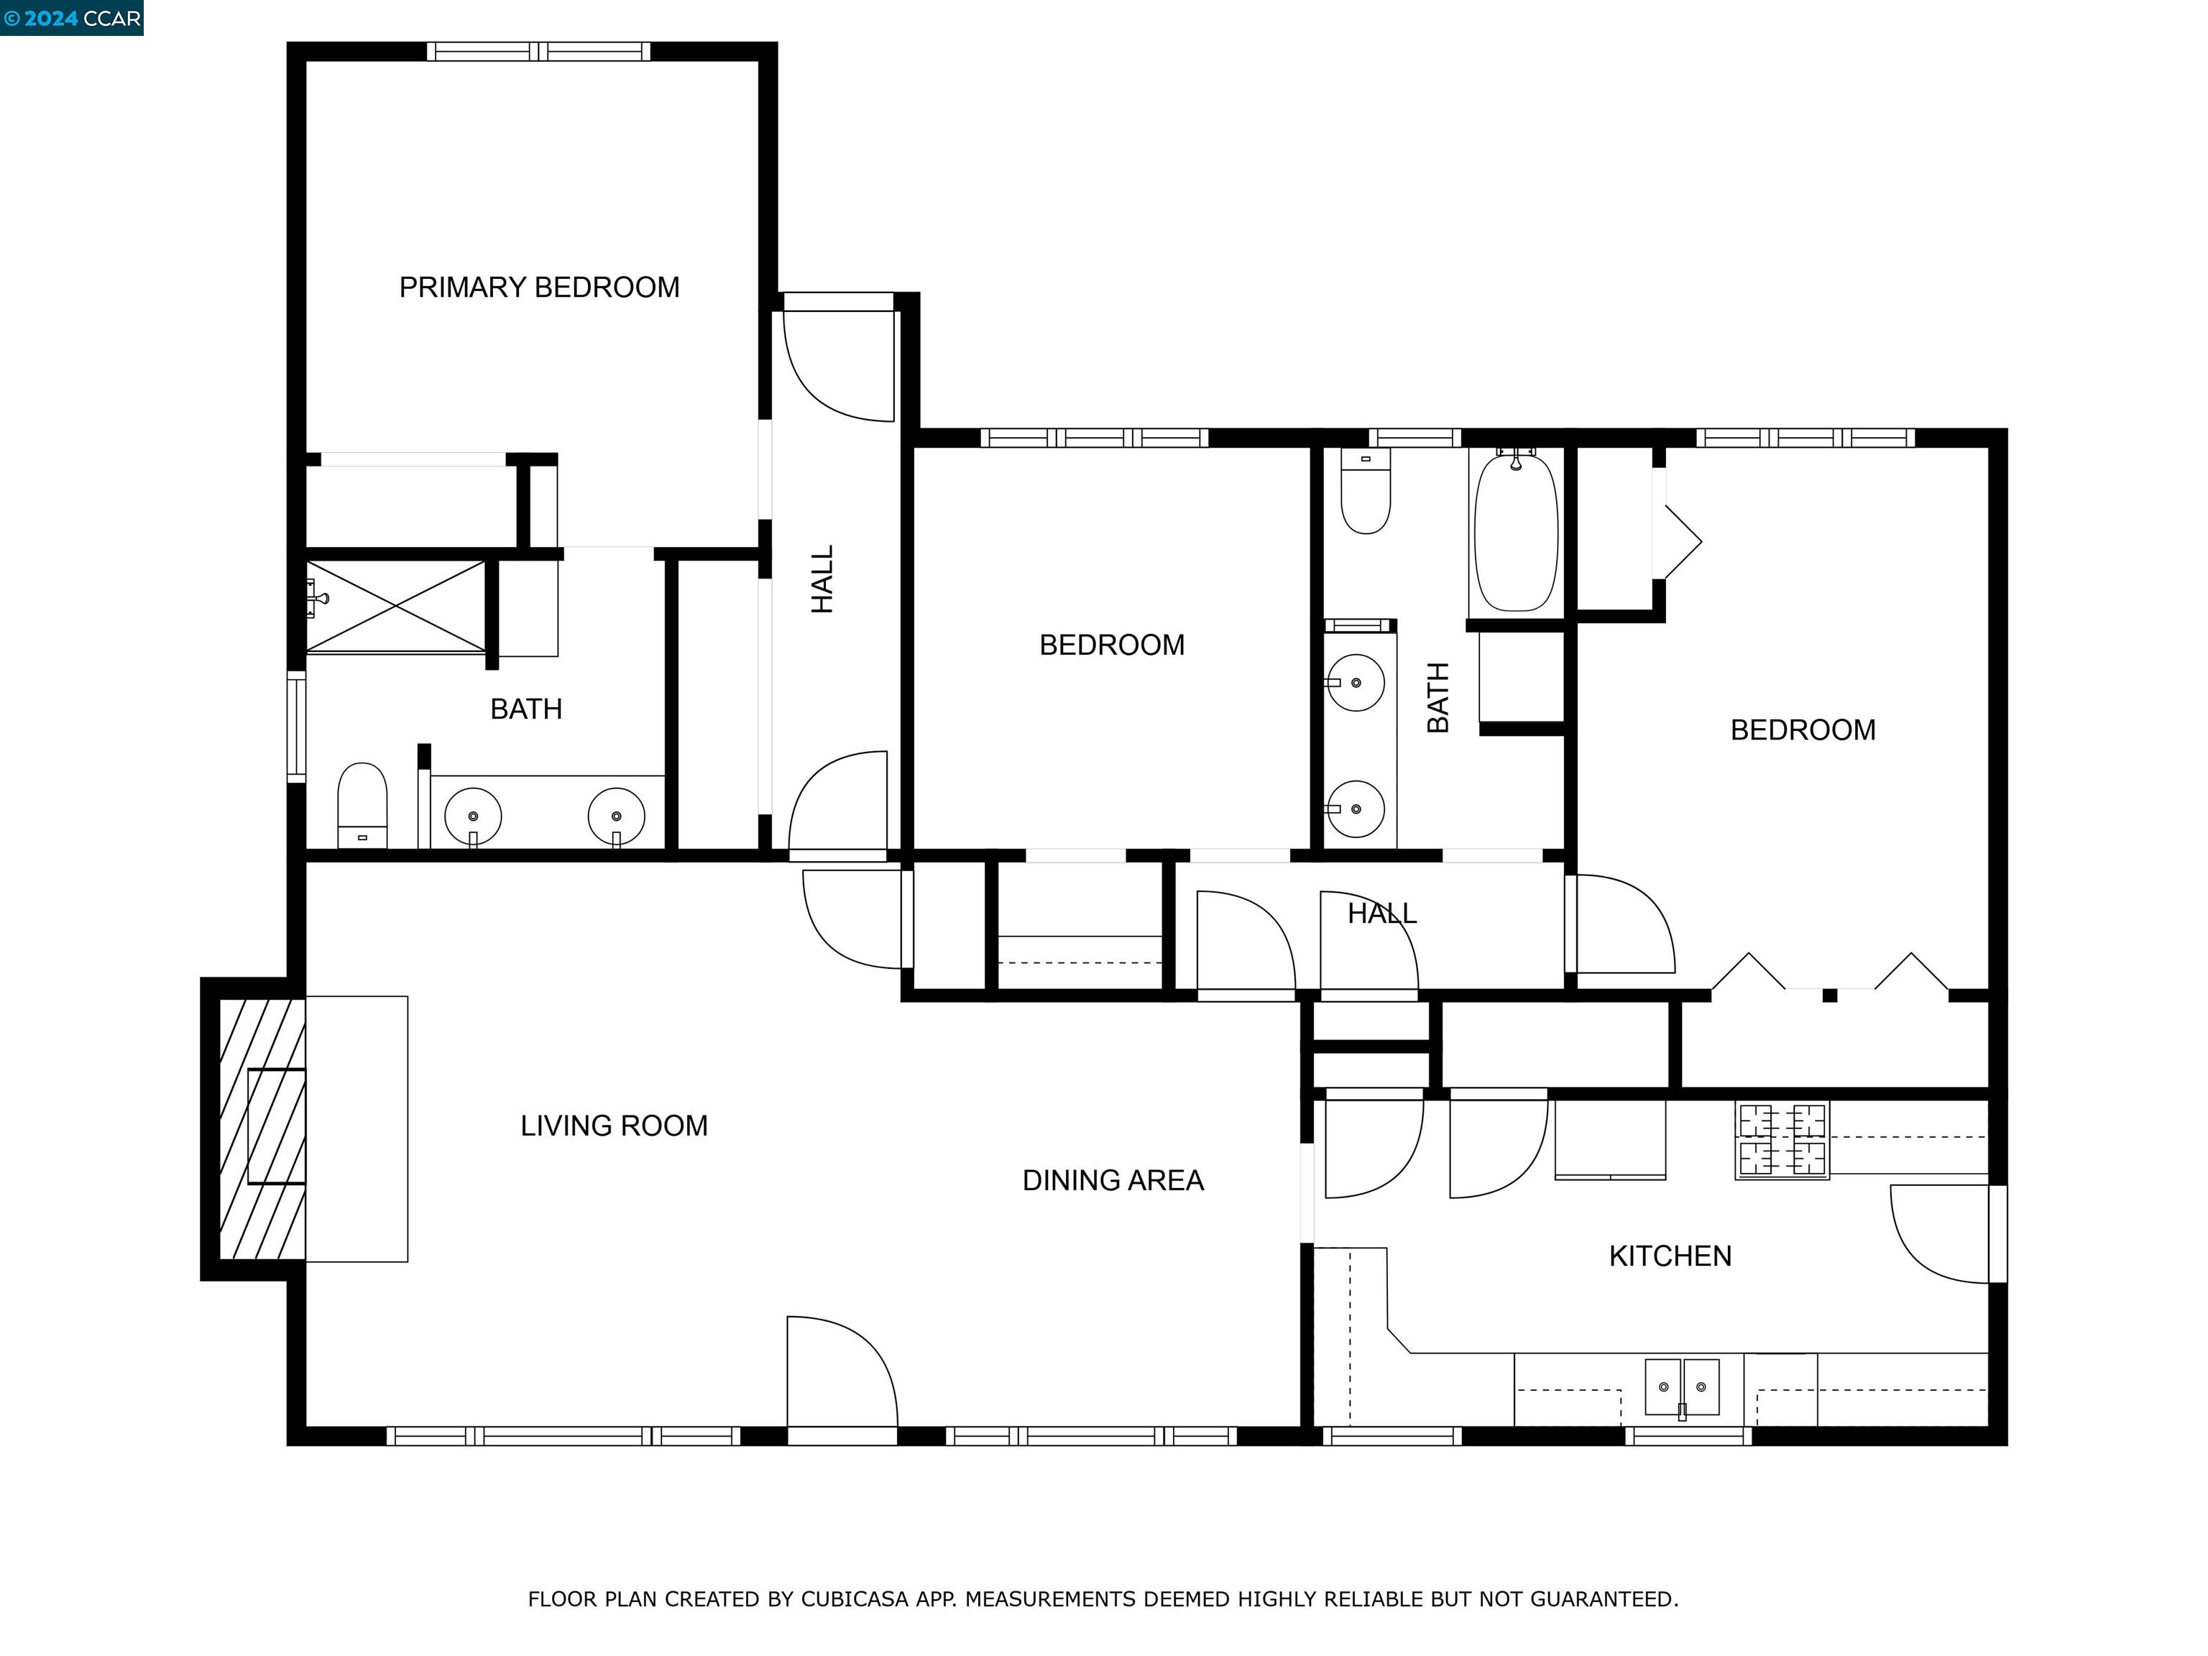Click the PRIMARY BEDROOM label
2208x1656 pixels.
pyautogui.click(x=539, y=287)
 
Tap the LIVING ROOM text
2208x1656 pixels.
pyautogui.click(x=613, y=1126)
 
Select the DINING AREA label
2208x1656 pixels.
pyautogui.click(x=1112, y=1181)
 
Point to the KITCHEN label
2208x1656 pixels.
pyautogui.click(x=1669, y=1256)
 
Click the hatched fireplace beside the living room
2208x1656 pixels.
pyautogui.click(x=262, y=1128)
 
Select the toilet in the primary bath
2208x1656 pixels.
pyautogui.click(x=362, y=804)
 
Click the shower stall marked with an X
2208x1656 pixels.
pyautogui.click(x=396, y=606)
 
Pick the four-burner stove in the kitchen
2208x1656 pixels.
pyautogui.click(x=1782, y=1141)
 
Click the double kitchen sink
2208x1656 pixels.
pyautogui.click(x=1682, y=1386)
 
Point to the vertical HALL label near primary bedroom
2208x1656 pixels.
pyautogui.click(x=822, y=579)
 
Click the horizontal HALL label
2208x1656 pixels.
pyautogui.click(x=1381, y=914)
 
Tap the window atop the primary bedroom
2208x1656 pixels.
pyautogui.click(x=538, y=52)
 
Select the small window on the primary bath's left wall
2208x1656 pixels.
pyautogui.click(x=296, y=727)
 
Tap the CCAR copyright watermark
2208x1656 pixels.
pyautogui.click(x=72, y=18)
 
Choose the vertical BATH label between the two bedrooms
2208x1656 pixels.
pyautogui.click(x=1437, y=698)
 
